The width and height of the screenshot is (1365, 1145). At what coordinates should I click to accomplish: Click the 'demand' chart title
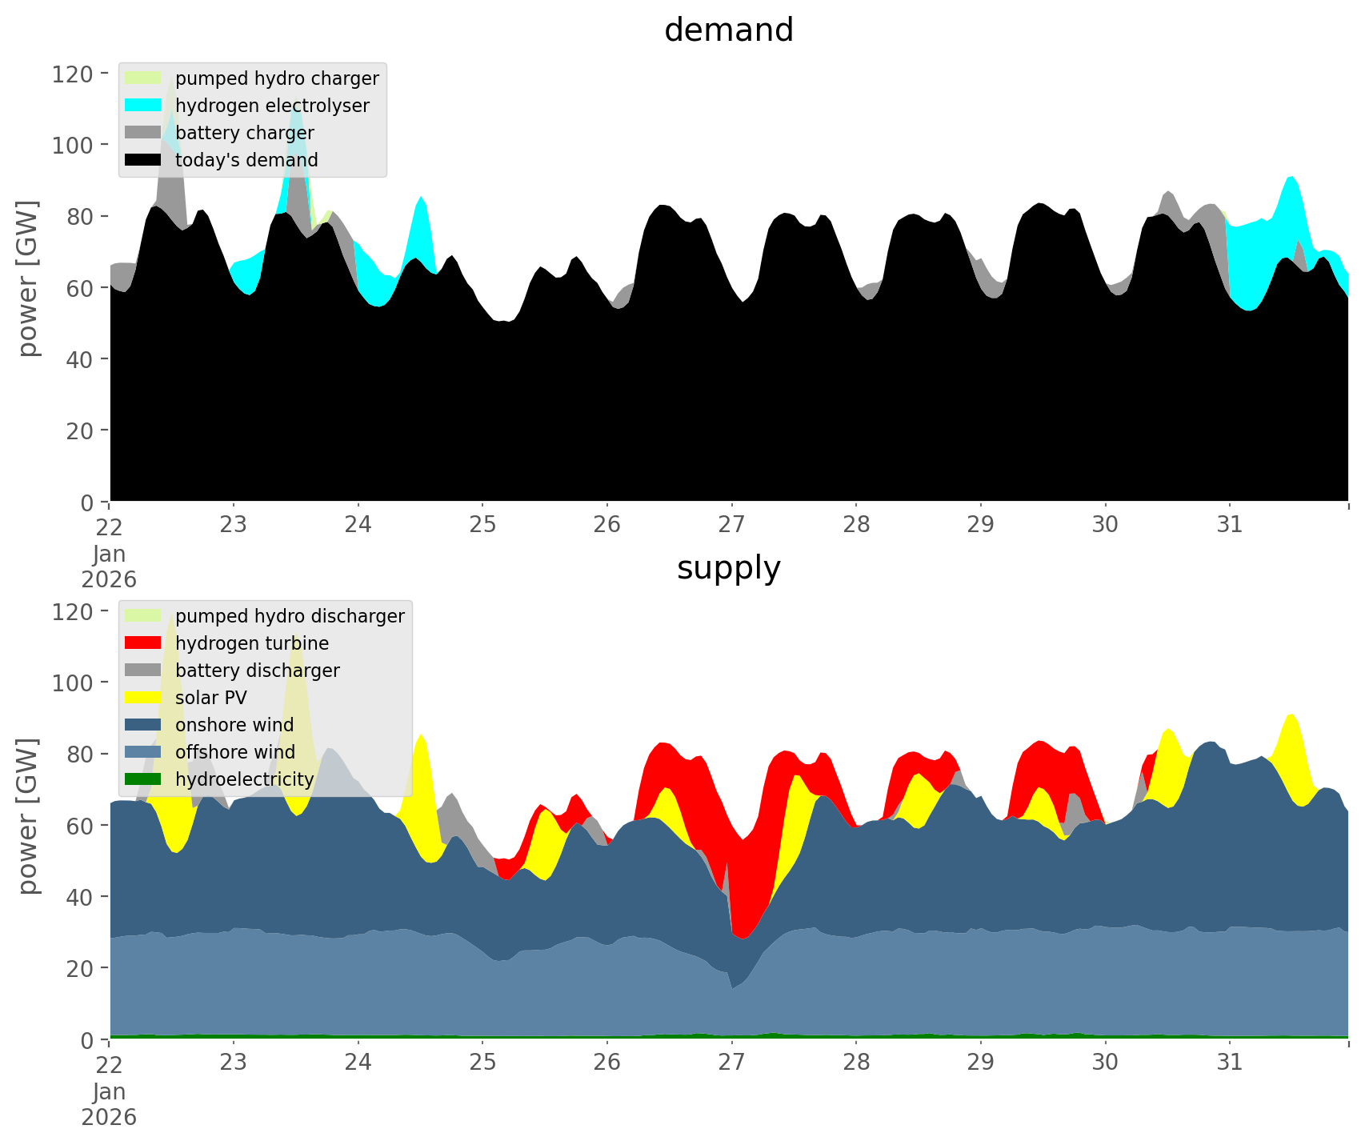click(x=728, y=30)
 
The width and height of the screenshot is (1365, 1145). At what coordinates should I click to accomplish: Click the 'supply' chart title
click(x=728, y=568)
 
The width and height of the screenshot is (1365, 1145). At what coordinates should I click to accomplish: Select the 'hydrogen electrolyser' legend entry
click(x=272, y=106)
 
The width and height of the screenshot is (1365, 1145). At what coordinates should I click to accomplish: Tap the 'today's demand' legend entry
click(x=246, y=160)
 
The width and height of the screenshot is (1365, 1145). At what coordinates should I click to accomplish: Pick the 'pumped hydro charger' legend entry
click(x=277, y=78)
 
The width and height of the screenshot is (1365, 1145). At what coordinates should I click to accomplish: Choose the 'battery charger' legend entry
click(x=244, y=133)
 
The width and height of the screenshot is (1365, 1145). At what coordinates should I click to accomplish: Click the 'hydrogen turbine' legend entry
click(x=252, y=643)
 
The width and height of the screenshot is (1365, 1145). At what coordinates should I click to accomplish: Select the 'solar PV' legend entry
click(x=211, y=698)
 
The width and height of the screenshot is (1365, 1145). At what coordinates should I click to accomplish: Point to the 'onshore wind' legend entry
click(x=234, y=725)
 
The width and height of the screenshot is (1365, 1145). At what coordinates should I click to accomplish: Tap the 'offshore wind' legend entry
click(x=235, y=752)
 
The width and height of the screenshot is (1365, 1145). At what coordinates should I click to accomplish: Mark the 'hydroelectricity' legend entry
click(x=245, y=779)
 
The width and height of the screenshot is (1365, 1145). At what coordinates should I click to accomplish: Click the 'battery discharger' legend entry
click(x=258, y=671)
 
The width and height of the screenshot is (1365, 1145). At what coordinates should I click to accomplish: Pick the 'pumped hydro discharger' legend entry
click(x=290, y=616)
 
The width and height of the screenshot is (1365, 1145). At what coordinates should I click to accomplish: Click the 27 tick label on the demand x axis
click(x=731, y=525)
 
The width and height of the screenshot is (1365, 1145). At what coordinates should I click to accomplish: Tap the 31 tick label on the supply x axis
click(x=1229, y=1063)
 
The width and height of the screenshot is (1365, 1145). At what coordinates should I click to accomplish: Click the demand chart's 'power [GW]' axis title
click(x=29, y=278)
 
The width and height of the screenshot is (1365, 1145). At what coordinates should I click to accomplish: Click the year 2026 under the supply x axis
click(x=109, y=1117)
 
